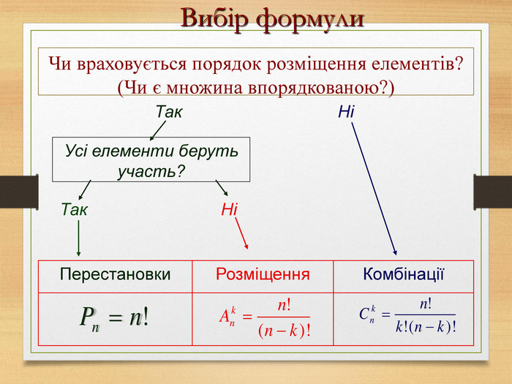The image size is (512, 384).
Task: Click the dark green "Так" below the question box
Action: pyautogui.click(x=169, y=112)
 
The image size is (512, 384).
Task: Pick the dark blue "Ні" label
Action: pyautogui.click(x=346, y=112)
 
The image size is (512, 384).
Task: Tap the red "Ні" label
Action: pyautogui.click(x=229, y=209)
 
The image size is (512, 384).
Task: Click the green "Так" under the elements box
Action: pyautogui.click(x=75, y=209)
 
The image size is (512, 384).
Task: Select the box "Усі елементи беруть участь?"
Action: pyautogui.click(x=151, y=159)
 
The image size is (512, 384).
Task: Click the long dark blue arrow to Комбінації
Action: pyautogui.click(x=374, y=189)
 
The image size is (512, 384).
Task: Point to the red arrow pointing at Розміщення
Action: pyautogui.click(x=241, y=234)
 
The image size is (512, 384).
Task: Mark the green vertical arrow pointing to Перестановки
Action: pyautogui.click(x=78, y=238)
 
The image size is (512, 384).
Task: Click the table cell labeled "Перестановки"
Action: pyautogui.click(x=116, y=276)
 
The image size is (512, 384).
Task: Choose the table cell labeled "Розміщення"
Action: pyautogui.click(x=263, y=276)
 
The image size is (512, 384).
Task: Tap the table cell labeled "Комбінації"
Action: pyautogui.click(x=404, y=276)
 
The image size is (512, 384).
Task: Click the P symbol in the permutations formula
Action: pyautogui.click(x=87, y=316)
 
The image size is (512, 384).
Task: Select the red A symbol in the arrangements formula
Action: pyautogui.click(x=225, y=316)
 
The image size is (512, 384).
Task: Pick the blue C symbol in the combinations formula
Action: pyautogui.click(x=364, y=314)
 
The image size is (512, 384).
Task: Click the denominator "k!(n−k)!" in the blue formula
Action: pyautogui.click(x=426, y=327)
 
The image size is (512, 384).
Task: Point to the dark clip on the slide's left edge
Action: pyautogui.click(x=19, y=192)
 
